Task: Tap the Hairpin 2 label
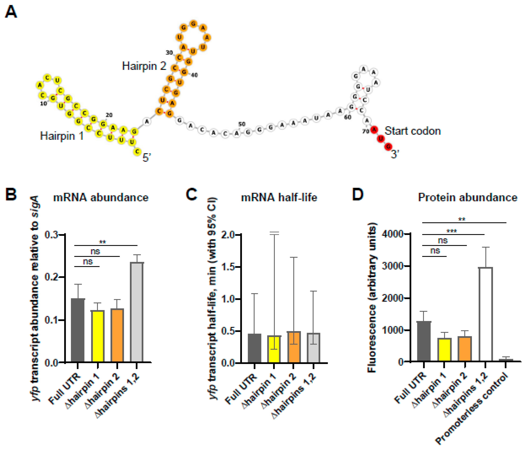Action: tap(144, 66)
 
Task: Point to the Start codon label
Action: tap(412, 131)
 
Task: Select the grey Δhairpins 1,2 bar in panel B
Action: tap(137, 312)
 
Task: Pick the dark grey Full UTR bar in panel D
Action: tap(424, 342)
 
